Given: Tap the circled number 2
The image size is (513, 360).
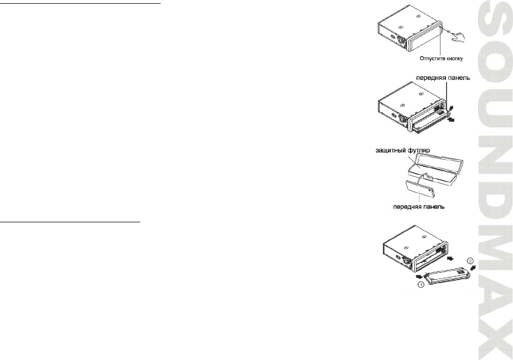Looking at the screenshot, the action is [472, 260].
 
